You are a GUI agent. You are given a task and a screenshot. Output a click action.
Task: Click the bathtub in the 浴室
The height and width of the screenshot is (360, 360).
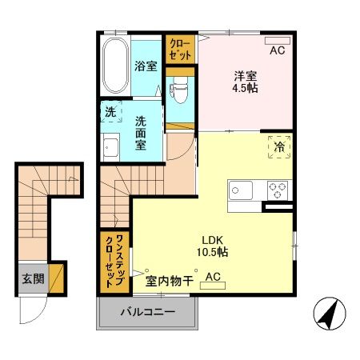point(114,64)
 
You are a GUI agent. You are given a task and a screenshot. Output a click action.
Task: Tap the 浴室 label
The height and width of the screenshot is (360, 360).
point(145,66)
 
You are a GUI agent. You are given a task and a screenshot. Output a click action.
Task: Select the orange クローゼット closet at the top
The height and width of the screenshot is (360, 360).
point(179,50)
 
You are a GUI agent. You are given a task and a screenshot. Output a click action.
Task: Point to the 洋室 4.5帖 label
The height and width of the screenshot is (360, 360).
point(245,82)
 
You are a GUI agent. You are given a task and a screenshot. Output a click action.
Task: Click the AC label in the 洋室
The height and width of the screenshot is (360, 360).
point(277,50)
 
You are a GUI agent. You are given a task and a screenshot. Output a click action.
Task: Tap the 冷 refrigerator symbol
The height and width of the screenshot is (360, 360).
point(279,149)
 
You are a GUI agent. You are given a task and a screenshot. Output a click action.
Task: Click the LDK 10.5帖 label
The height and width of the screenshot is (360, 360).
point(212,244)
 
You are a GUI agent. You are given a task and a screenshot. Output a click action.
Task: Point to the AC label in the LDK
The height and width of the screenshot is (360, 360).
point(214,278)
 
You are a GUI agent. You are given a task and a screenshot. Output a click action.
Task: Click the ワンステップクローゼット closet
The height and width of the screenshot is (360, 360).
point(114,261)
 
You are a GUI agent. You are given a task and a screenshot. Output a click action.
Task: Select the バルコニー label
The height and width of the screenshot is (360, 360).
point(147,311)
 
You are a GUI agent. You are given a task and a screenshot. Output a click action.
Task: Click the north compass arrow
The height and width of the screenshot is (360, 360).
point(326,313)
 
